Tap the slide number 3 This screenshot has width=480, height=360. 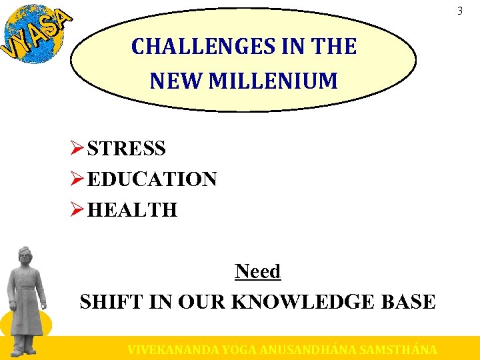pyautogui.click(x=459, y=11)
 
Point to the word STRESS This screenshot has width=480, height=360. pyautogui.click(x=126, y=148)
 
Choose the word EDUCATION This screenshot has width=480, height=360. pyautogui.click(x=152, y=179)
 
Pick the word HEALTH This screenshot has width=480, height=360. pyautogui.click(x=132, y=210)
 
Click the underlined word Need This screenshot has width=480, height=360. pyautogui.click(x=257, y=271)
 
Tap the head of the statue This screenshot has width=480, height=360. pyautogui.click(x=26, y=257)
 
